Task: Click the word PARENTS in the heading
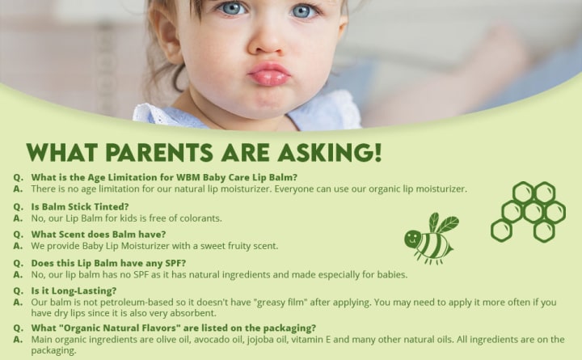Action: pyautogui.click(x=159, y=152)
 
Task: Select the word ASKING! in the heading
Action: pyautogui.click(x=330, y=152)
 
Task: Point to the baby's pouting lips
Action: pyautogui.click(x=269, y=74)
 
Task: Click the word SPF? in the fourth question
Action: pyautogui.click(x=175, y=263)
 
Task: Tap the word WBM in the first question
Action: pyautogui.click(x=188, y=177)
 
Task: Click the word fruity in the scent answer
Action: pyautogui.click(x=231, y=246)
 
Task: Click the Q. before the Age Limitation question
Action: pyautogui.click(x=18, y=178)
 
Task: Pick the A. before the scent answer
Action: pyautogui.click(x=18, y=246)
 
